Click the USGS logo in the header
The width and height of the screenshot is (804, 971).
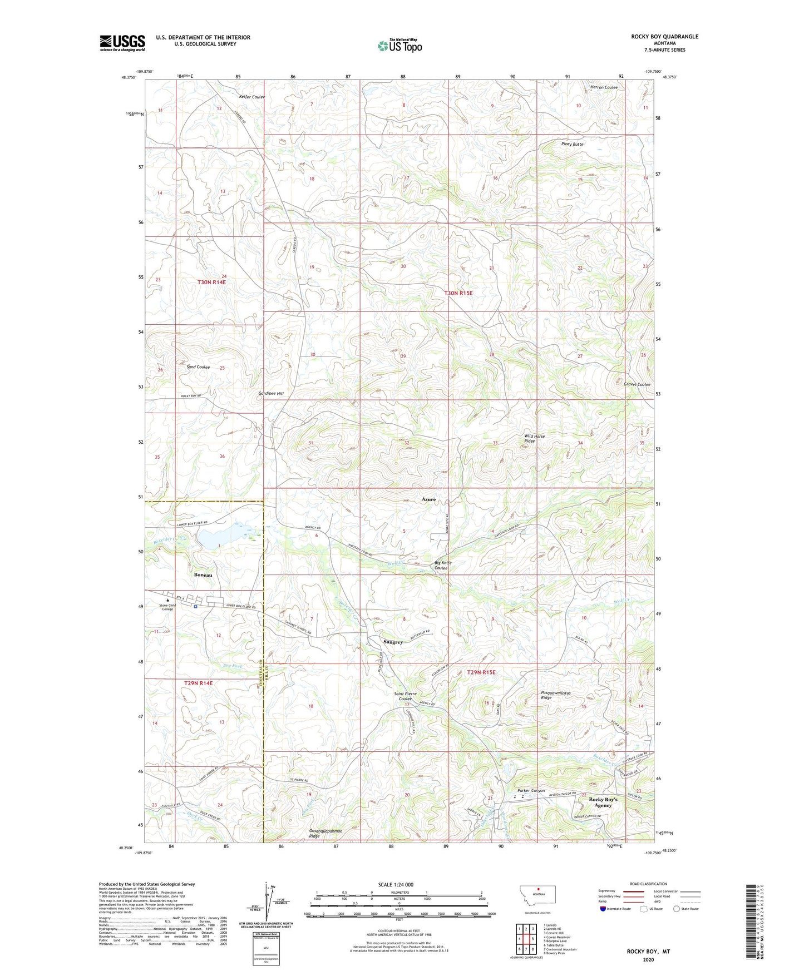click(122, 43)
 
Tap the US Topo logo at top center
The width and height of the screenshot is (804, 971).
click(399, 46)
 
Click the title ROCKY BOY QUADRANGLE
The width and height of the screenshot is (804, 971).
click(664, 37)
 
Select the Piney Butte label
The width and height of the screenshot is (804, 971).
click(572, 144)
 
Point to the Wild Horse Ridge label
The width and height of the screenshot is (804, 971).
click(534, 439)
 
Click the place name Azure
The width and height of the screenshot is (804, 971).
click(428, 499)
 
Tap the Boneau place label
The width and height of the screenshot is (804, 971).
click(203, 575)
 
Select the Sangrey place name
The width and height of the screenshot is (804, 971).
click(392, 642)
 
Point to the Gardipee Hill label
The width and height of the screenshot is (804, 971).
click(271, 394)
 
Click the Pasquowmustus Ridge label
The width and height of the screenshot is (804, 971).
click(556, 695)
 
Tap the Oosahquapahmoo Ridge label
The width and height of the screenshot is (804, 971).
click(325, 833)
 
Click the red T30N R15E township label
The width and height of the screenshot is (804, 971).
click(458, 293)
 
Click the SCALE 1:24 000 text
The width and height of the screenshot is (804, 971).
click(396, 884)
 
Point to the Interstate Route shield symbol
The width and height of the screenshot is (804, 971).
click(604, 909)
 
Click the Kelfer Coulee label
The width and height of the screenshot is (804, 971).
click(251, 97)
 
